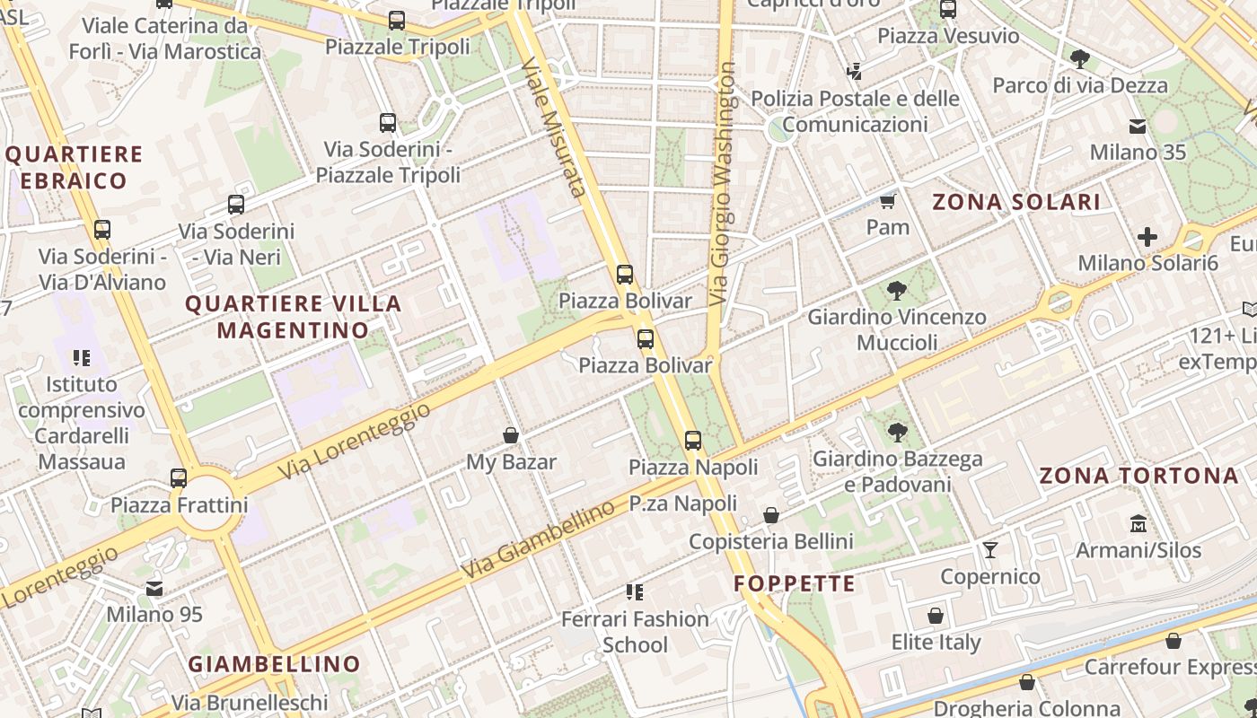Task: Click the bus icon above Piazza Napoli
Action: click(692, 441)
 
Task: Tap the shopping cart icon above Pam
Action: click(888, 201)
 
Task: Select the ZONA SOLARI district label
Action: click(1016, 202)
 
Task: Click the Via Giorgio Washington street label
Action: click(721, 184)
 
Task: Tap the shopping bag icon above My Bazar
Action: click(511, 435)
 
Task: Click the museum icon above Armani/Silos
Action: click(1138, 523)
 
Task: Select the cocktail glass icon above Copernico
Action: click(990, 549)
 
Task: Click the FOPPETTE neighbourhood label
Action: click(794, 584)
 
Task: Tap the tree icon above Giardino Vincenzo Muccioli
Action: click(896, 291)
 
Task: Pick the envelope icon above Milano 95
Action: click(154, 589)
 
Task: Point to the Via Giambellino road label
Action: click(538, 539)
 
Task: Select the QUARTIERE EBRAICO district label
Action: click(74, 168)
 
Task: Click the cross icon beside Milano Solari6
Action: click(1147, 237)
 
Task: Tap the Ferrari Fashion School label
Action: click(635, 632)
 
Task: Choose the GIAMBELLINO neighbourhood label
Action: click(274, 665)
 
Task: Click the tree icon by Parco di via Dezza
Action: click(1079, 59)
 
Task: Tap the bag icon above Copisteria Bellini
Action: click(770, 515)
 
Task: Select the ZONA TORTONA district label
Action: click(1138, 476)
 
